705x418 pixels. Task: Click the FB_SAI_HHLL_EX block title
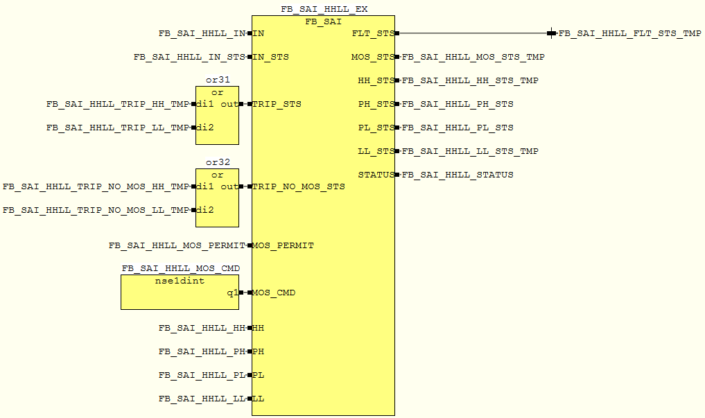click(x=324, y=10)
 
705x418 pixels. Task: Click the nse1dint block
click(x=179, y=292)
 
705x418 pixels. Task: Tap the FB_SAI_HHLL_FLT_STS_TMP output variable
click(x=629, y=33)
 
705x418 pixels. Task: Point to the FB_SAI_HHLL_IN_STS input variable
click(x=189, y=57)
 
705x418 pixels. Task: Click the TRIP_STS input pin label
click(x=277, y=104)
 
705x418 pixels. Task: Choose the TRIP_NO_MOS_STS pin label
click(x=298, y=186)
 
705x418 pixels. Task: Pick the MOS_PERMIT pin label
click(x=283, y=245)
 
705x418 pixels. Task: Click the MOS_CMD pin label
click(x=274, y=293)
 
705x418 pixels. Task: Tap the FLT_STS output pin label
click(x=373, y=33)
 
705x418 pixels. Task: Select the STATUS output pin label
click(x=376, y=175)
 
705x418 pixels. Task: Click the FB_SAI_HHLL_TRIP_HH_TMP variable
click(x=117, y=104)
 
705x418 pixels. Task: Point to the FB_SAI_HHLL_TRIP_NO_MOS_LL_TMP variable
click(x=96, y=210)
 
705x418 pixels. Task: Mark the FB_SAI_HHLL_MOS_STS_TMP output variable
click(x=473, y=57)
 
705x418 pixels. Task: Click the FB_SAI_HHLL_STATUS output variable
click(x=458, y=175)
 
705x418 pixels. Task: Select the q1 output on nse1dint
click(x=232, y=293)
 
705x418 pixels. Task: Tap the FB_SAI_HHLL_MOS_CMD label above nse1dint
click(x=181, y=269)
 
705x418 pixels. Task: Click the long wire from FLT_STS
click(x=471, y=33)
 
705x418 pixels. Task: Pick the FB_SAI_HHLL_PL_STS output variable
click(x=458, y=128)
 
